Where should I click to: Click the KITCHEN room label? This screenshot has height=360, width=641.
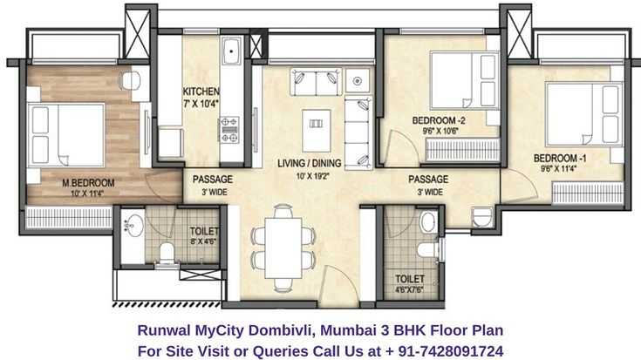pos(201,92)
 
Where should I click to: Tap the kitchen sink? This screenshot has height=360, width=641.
pos(232,51)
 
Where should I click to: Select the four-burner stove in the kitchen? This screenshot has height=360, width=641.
pos(229,131)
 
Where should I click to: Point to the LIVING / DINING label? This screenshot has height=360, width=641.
pos(309,163)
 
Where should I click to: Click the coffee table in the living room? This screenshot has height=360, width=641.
pos(316,131)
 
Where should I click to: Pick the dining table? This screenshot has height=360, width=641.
pos(283,248)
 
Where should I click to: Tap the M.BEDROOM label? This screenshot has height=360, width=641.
pos(88,183)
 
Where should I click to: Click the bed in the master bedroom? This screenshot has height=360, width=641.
pos(65,135)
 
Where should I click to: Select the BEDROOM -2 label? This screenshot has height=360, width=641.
pos(439,120)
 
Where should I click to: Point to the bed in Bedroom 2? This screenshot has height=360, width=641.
pos(465,80)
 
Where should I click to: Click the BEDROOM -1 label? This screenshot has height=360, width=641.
pos(560,158)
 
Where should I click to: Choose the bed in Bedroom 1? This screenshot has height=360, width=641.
pos(583,114)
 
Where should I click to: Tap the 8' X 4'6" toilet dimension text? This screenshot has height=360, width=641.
pos(203,241)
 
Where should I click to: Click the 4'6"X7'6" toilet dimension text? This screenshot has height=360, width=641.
pos(409,289)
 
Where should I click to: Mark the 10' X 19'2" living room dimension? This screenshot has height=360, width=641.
pos(313,177)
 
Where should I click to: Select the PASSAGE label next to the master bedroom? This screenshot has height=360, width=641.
pos(213,179)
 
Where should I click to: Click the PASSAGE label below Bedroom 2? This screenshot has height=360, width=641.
pos(428,179)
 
